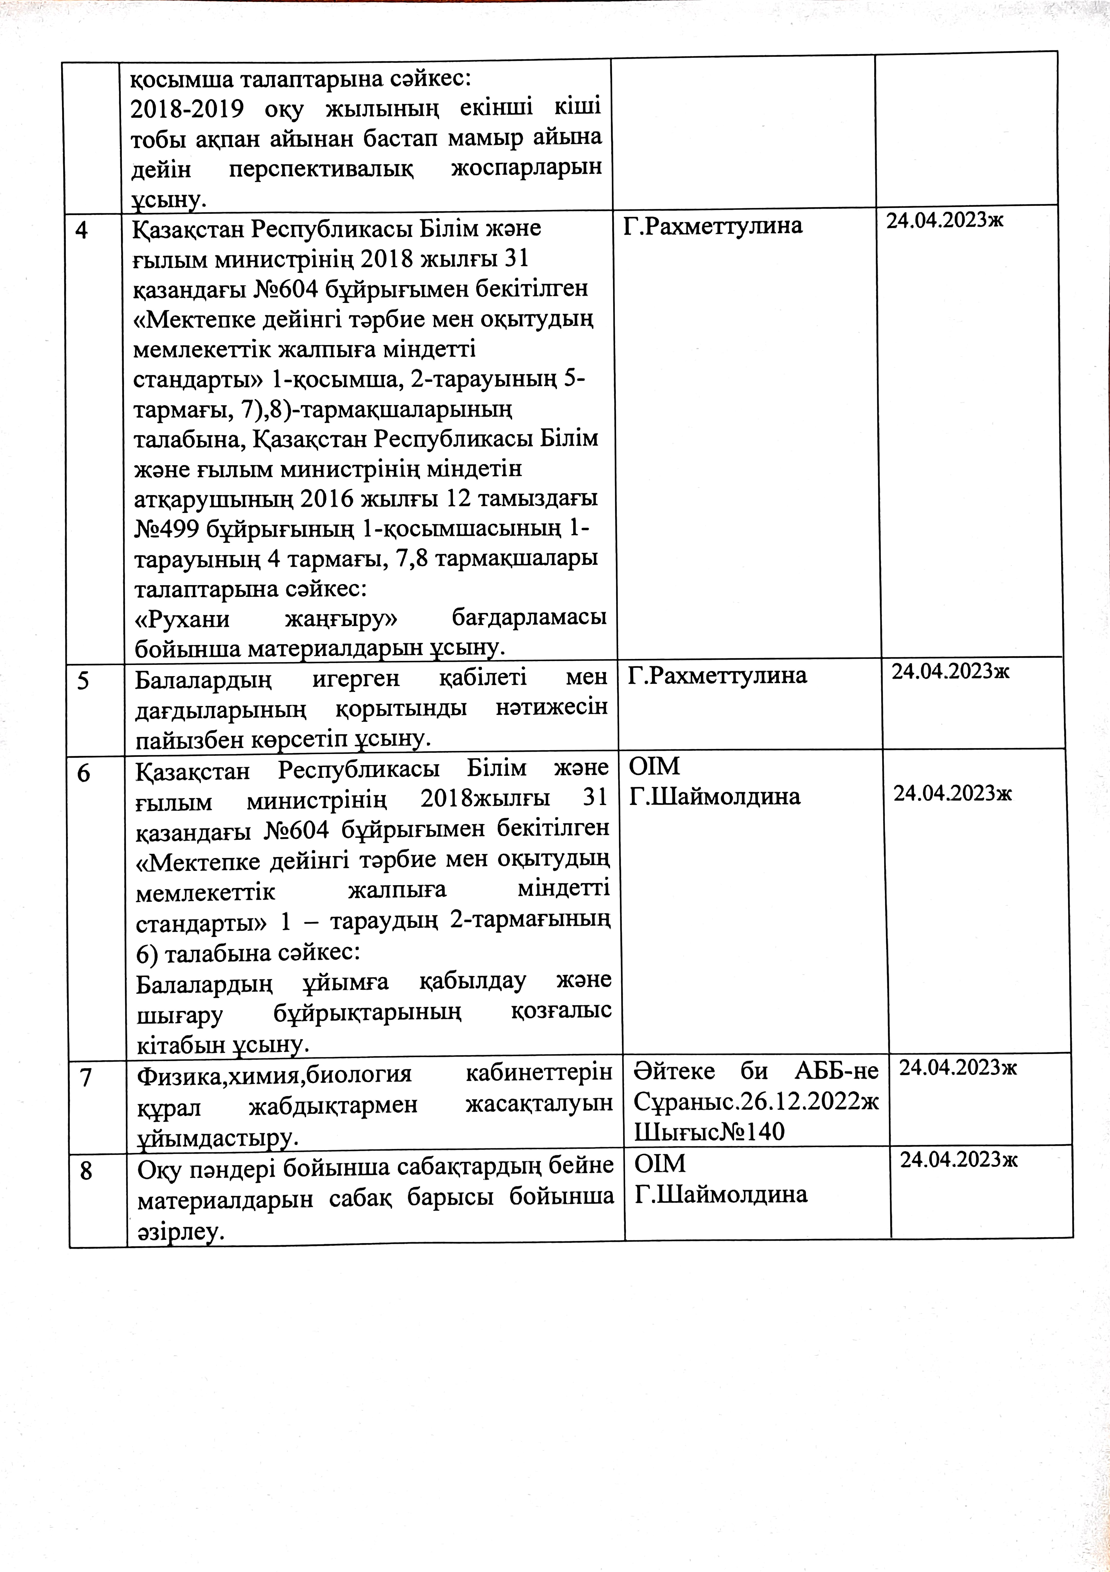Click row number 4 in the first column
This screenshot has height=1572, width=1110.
[81, 230]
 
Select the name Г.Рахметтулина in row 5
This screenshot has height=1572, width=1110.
[717, 676]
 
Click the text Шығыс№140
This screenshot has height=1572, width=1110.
[709, 1132]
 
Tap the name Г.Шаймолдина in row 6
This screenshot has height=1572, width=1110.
[714, 796]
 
